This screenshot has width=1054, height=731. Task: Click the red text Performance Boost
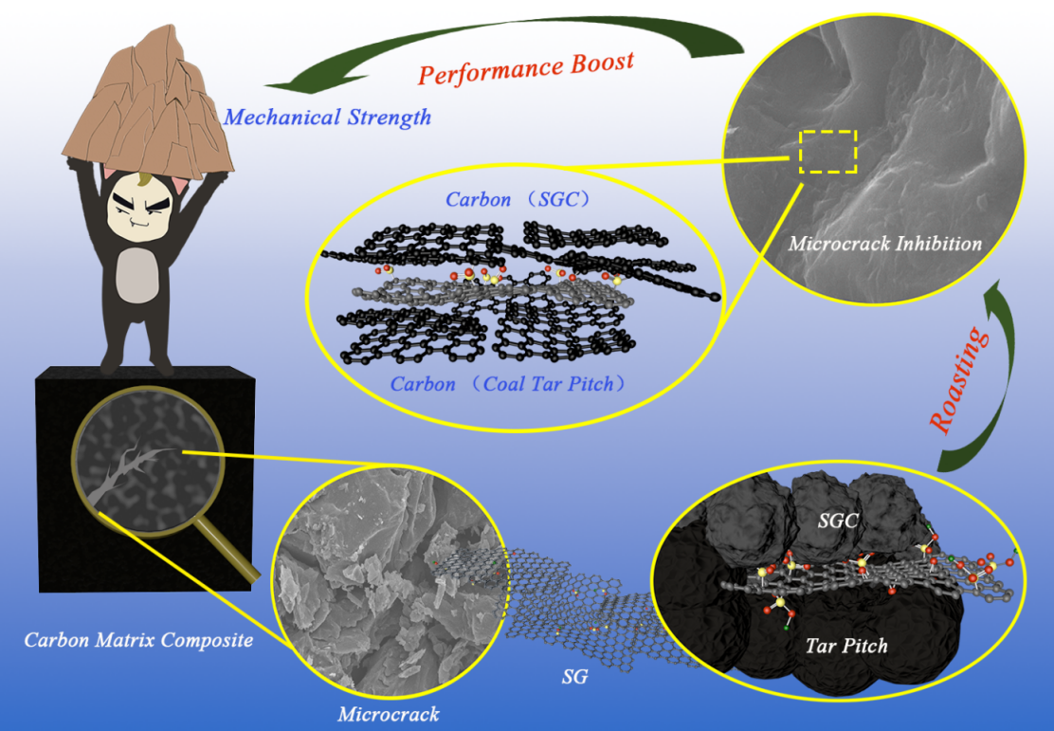526,69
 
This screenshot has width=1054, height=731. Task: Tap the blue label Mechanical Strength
326,118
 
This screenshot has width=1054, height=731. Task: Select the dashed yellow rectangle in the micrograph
827,152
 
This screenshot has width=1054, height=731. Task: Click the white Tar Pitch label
846,646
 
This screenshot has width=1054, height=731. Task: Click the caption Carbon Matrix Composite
138,640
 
